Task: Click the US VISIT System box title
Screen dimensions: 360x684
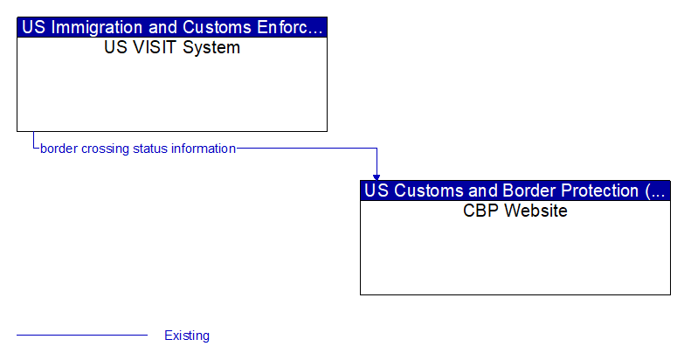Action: coord(172,47)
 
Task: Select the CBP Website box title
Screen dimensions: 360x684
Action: coord(515,211)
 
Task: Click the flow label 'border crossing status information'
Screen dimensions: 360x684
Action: coord(138,149)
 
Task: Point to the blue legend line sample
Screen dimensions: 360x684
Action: coord(82,335)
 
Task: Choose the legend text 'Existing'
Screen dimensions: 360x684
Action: coord(187,336)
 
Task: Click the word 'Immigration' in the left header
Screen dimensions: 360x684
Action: coord(95,27)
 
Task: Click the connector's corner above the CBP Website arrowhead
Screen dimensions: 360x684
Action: coord(377,149)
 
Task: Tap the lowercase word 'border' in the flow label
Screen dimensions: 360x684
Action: coord(59,149)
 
